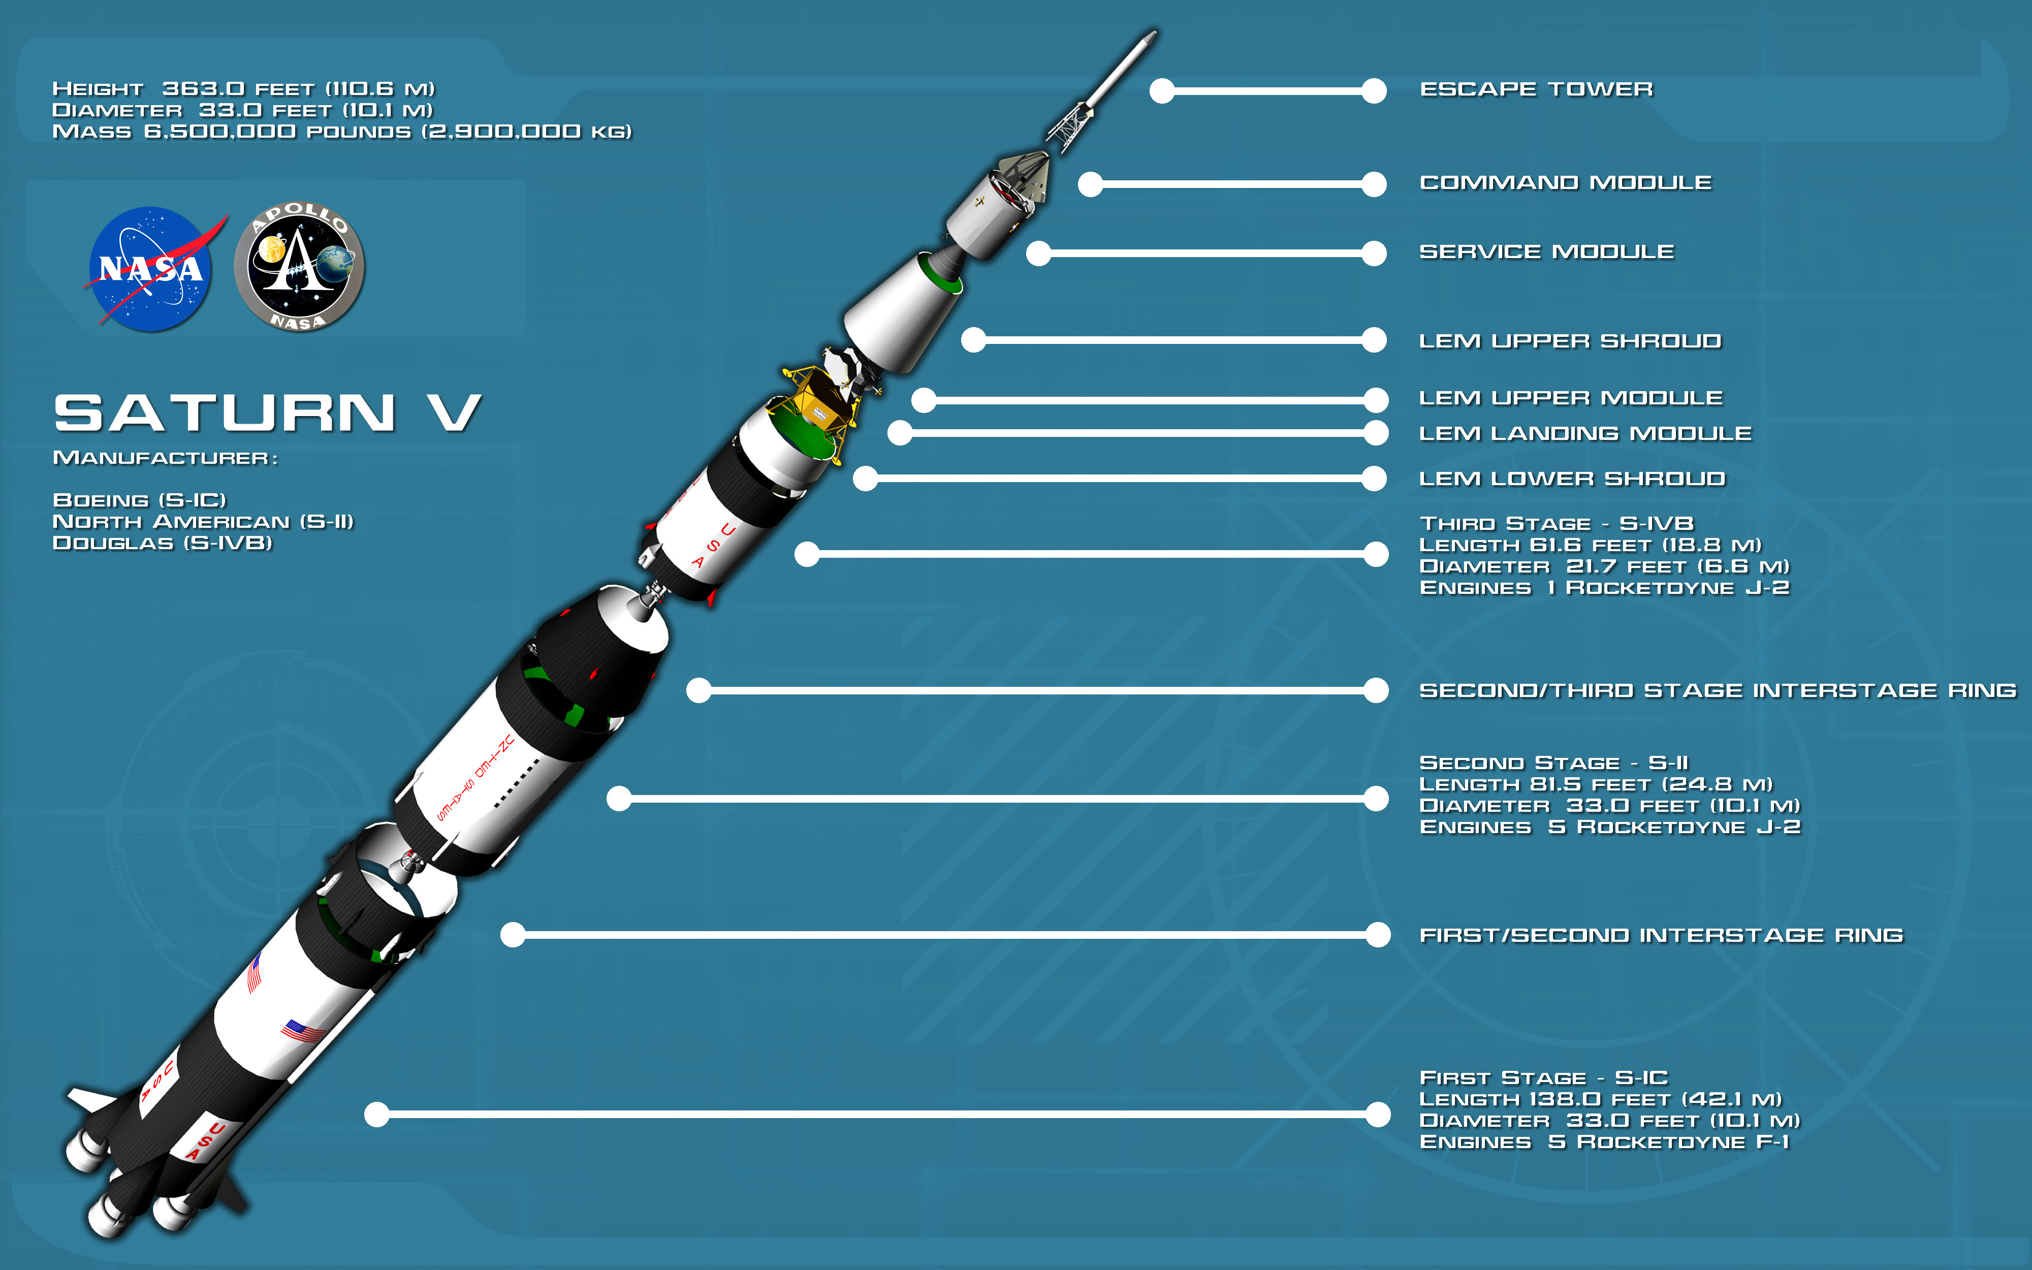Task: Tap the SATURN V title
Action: pyautogui.click(x=268, y=413)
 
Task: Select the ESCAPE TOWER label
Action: pyautogui.click(x=1536, y=89)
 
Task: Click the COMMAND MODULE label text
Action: pyautogui.click(x=1565, y=182)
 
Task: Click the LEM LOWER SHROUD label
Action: pyautogui.click(x=1572, y=479)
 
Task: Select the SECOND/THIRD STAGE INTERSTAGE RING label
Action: pyautogui.click(x=1717, y=690)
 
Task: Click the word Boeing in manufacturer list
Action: pyautogui.click(x=101, y=500)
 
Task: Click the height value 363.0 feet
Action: pyautogui.click(x=238, y=88)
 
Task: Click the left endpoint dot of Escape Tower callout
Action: pyautogui.click(x=1162, y=91)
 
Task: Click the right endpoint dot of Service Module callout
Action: pyautogui.click(x=1374, y=253)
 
